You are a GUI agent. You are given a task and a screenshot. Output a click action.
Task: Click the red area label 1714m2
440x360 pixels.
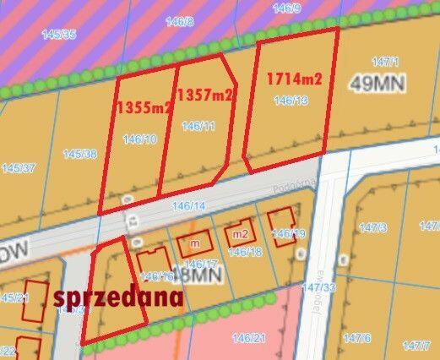295,79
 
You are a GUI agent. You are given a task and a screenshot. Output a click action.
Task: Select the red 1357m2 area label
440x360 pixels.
205,95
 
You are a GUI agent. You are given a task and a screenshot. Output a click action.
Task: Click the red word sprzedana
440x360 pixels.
117,297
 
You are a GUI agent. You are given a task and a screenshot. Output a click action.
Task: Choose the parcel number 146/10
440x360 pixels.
139,139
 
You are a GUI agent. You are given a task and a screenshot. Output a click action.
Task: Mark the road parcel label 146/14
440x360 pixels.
188,205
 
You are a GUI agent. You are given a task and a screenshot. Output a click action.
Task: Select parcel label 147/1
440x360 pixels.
384,62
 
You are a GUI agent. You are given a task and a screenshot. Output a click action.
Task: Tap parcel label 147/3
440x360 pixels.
372,228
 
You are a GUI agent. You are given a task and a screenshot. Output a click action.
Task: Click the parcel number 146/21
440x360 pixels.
249,338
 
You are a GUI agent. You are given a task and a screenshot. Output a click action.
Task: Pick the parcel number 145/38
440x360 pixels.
79,154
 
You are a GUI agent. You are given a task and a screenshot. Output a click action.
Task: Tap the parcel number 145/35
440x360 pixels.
58,34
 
